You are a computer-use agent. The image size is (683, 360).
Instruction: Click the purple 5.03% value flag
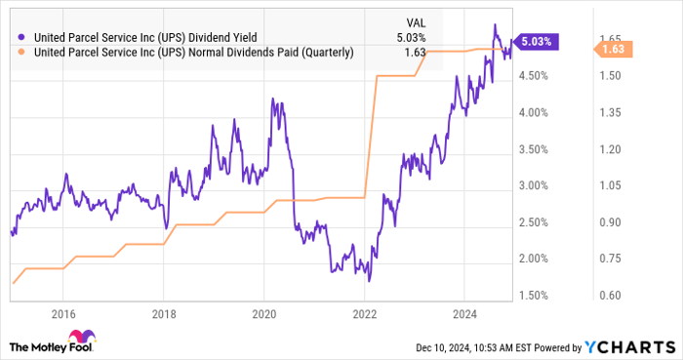click(537, 42)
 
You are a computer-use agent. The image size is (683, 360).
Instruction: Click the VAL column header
click(415, 20)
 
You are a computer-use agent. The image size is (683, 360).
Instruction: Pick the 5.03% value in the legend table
click(410, 36)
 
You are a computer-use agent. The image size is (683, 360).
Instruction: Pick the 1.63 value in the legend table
click(416, 52)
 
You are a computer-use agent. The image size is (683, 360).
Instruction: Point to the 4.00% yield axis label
click(534, 112)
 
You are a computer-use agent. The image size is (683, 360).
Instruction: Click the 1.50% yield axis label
click(534, 295)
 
